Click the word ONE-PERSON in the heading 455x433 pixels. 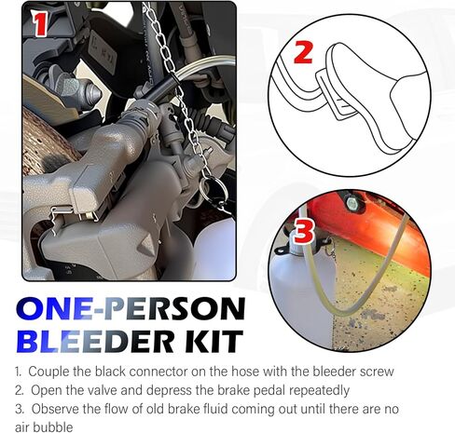pos(131,308)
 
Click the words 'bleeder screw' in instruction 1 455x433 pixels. pos(352,372)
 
